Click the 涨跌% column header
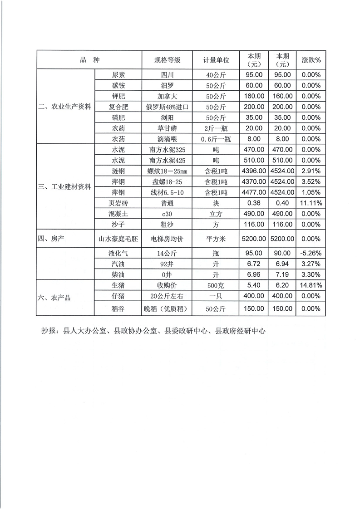coord(311,60)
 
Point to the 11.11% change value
coord(311,203)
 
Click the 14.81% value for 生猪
coord(311,285)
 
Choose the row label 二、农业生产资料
coord(65,107)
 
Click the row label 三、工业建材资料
coord(65,187)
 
